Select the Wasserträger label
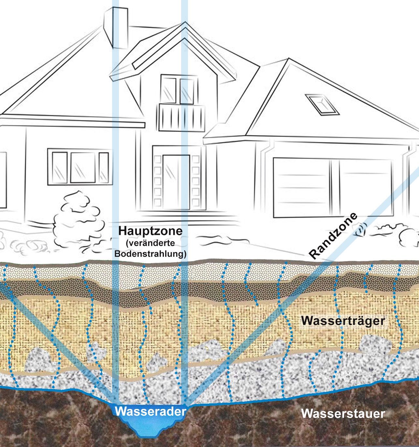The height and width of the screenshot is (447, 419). [x=343, y=321]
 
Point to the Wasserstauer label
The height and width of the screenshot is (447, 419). [x=343, y=414]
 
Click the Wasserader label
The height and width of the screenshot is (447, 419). [x=150, y=411]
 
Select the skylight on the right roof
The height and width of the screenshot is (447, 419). [x=322, y=104]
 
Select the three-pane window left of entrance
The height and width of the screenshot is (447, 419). [x=78, y=167]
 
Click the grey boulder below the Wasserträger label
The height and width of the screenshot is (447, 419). [x=375, y=344]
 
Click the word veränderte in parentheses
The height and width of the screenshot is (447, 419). [x=150, y=243]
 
